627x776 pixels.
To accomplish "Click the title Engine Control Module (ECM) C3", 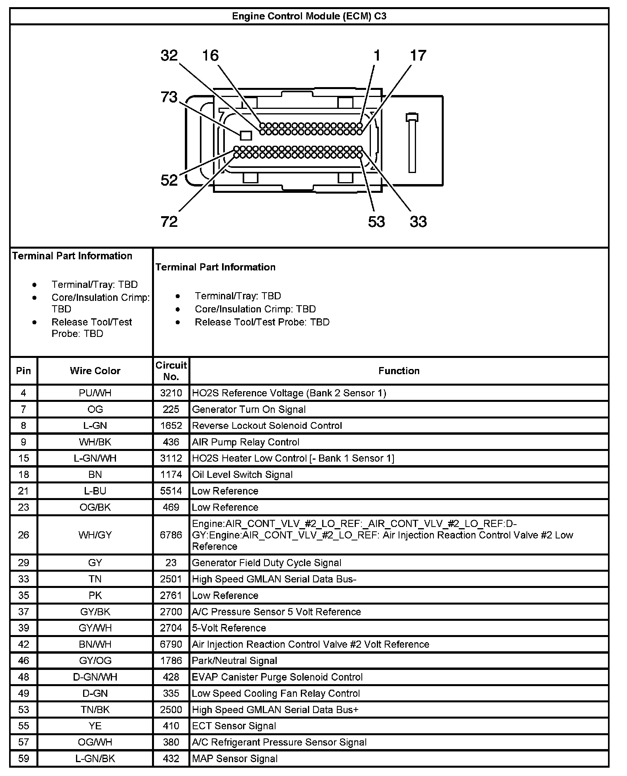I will point(309,16).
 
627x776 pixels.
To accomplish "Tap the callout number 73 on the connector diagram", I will point(169,97).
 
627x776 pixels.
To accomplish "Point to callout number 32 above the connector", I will point(169,55).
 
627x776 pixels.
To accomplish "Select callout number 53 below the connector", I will point(376,222).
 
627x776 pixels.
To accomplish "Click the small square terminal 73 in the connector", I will point(246,136).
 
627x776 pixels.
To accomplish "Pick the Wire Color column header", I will point(95,371).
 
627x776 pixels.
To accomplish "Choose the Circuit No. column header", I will point(171,371).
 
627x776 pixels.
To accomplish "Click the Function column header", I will point(399,371).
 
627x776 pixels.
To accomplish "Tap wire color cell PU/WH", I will point(95,393).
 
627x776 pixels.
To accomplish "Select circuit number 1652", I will point(171,426).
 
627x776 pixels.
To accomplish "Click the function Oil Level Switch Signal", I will point(242,475).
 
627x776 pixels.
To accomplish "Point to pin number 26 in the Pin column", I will point(23,535).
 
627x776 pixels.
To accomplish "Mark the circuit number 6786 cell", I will point(171,535).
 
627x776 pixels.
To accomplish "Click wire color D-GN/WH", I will point(95,677).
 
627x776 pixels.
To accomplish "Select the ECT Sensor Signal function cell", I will point(234,726).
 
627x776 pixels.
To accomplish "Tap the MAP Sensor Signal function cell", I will point(235,759).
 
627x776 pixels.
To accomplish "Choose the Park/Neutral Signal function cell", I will point(234,661).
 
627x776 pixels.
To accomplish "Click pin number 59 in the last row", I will point(23,759).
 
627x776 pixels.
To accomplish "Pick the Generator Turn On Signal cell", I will point(249,409).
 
